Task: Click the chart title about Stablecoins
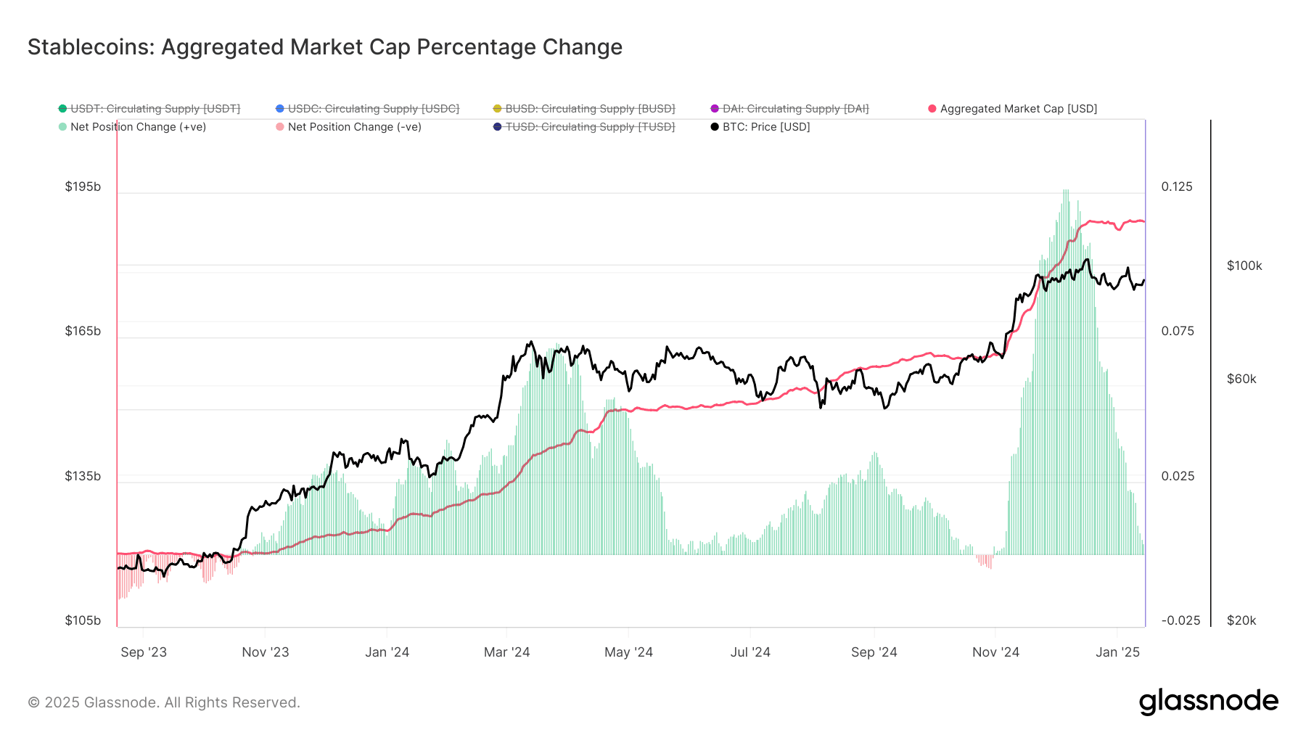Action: (324, 47)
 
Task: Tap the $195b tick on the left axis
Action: (83, 186)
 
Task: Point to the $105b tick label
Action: (83, 620)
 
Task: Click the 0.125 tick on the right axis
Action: (1177, 186)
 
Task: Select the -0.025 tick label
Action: (1180, 620)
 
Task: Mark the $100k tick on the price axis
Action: (1244, 266)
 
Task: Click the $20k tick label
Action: (1241, 620)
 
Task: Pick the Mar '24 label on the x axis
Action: (506, 652)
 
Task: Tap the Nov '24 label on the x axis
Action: (995, 652)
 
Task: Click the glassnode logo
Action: (1208, 702)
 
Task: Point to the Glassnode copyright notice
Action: (164, 702)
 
